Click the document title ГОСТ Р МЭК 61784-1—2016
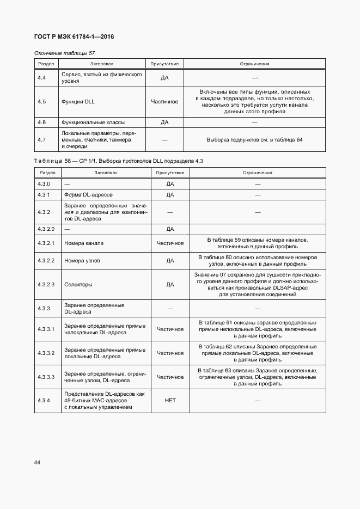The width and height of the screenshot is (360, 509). (x=74, y=37)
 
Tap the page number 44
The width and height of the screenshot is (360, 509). (x=37, y=462)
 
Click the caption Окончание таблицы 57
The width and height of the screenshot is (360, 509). (x=64, y=53)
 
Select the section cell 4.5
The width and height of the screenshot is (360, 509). (x=41, y=101)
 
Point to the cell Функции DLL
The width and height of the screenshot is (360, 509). (x=78, y=101)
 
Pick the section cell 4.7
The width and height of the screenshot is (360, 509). (x=41, y=140)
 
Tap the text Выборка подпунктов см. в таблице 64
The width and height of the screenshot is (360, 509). (x=254, y=140)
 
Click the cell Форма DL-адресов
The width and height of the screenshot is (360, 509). (x=89, y=194)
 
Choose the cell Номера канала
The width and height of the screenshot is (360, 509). (x=83, y=243)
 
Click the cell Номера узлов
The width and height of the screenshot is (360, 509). (x=82, y=261)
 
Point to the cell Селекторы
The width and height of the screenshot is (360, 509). (x=78, y=284)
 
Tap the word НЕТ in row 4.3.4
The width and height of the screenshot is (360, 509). (x=170, y=400)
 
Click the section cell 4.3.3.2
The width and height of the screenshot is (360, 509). (x=46, y=353)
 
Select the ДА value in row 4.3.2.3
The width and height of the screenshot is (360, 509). (x=170, y=284)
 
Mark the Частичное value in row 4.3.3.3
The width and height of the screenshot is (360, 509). (x=170, y=376)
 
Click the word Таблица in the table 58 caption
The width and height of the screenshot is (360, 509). (x=48, y=161)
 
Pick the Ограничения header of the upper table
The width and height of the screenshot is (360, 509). (x=254, y=64)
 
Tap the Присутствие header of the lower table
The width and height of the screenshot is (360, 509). (x=170, y=172)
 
